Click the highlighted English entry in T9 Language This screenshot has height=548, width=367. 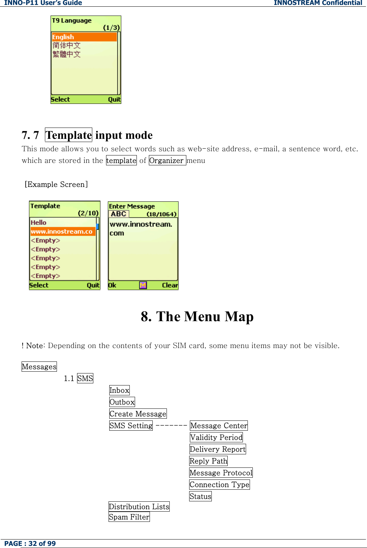[84, 37]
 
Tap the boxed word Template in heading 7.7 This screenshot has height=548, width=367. [69, 135]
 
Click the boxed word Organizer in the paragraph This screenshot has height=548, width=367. [167, 160]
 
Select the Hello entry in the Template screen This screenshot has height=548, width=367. [39, 223]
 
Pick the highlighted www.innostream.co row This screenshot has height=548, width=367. [62, 231]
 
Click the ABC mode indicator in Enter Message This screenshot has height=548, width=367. [118, 214]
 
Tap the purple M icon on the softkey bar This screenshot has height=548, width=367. [143, 285]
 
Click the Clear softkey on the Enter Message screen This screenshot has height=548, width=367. [170, 285]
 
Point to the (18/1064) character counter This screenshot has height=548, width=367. [161, 214]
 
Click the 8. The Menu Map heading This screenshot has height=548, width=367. [197, 317]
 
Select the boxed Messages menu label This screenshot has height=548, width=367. [39, 367]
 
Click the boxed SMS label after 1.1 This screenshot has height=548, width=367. [85, 378]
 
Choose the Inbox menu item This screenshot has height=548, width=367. [120, 390]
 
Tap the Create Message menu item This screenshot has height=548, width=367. [138, 414]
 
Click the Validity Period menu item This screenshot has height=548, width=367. [216, 437]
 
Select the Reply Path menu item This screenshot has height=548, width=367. [209, 461]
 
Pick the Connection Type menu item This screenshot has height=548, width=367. [220, 484]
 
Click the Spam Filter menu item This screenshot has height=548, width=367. [129, 517]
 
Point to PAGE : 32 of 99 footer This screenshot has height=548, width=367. [30, 543]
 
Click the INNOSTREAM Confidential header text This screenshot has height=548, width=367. [318, 3]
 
